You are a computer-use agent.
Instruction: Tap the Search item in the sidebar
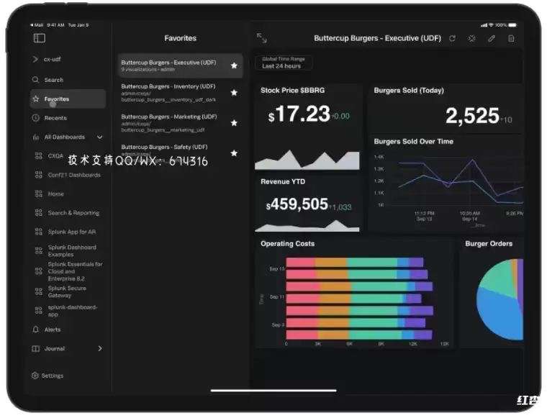tap(53, 80)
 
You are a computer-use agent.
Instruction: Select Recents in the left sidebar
tap(55, 118)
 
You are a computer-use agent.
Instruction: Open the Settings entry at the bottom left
tap(52, 376)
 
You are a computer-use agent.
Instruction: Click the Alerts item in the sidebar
tap(53, 330)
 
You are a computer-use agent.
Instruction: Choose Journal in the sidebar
tap(54, 348)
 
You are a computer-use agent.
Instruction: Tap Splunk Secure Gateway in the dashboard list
tap(67, 291)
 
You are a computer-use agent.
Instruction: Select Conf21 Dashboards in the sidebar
tap(74, 175)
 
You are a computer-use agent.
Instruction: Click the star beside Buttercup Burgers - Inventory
tap(234, 93)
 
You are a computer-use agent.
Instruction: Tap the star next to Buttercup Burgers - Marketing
tap(234, 123)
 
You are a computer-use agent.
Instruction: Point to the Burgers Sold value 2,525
tap(471, 115)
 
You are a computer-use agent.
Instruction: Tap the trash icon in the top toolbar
tap(511, 38)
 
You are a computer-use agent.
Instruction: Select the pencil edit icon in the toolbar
tap(492, 38)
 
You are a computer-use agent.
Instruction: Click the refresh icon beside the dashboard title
tap(452, 38)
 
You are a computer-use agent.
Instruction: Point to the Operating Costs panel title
tap(287, 244)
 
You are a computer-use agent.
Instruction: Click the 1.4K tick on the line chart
tap(379, 156)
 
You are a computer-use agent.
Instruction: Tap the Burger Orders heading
tap(489, 244)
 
